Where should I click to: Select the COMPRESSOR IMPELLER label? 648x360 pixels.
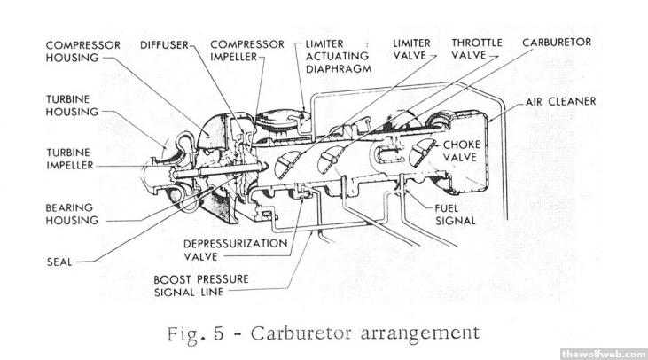tap(247, 51)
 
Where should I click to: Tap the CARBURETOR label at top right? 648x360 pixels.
tap(557, 43)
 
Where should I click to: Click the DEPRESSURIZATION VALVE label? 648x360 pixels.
tap(236, 249)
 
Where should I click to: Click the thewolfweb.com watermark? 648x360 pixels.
tap(603, 353)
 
